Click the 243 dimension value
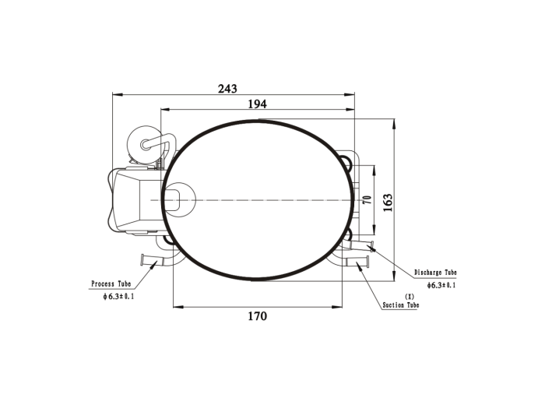point(227,89)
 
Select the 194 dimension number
point(257,104)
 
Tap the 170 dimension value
point(257,316)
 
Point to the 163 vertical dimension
point(387,202)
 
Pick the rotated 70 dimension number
point(367,200)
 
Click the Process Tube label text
point(111,283)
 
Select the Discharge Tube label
point(435,272)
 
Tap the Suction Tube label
point(401,305)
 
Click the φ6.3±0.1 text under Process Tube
point(118,297)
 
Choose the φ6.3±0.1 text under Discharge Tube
point(441,285)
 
